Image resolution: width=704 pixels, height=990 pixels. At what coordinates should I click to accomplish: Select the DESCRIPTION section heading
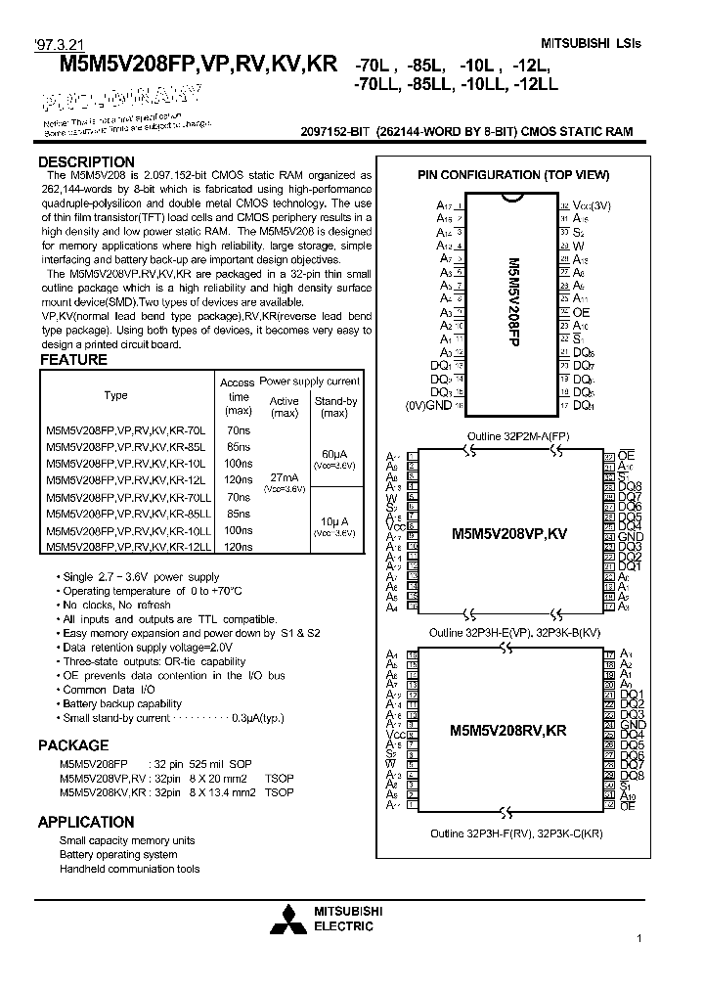86,162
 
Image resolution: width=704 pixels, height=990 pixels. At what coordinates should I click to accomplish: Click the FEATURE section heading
72,360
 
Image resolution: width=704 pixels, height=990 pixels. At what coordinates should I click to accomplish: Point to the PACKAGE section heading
73,745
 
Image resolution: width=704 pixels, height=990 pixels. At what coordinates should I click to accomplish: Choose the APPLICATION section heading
86,822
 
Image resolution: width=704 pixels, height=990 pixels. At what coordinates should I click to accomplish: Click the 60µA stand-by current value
333,454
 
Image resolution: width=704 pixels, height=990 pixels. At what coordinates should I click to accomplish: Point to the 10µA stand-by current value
333,521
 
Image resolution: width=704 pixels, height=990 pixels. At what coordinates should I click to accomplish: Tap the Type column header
115,395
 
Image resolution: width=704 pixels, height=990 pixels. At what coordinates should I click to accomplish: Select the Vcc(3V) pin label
591,205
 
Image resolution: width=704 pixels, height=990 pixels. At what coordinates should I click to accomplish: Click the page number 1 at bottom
638,939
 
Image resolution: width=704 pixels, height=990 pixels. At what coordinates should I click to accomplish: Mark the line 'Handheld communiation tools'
129,869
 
